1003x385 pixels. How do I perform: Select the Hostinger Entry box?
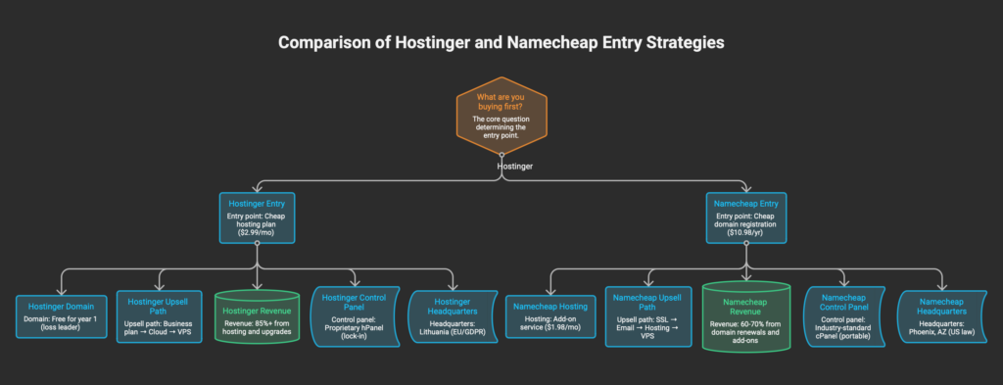257,217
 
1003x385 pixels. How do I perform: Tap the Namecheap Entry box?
745,217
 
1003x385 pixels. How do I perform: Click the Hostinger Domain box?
62,315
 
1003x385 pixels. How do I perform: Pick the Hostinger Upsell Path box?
159,315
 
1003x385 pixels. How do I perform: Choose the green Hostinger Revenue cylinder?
257,315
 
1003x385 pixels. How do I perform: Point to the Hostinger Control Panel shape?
354,315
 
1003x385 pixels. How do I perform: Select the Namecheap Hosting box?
551,315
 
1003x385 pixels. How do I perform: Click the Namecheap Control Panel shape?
843,315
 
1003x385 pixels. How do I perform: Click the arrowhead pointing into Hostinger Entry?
257,189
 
